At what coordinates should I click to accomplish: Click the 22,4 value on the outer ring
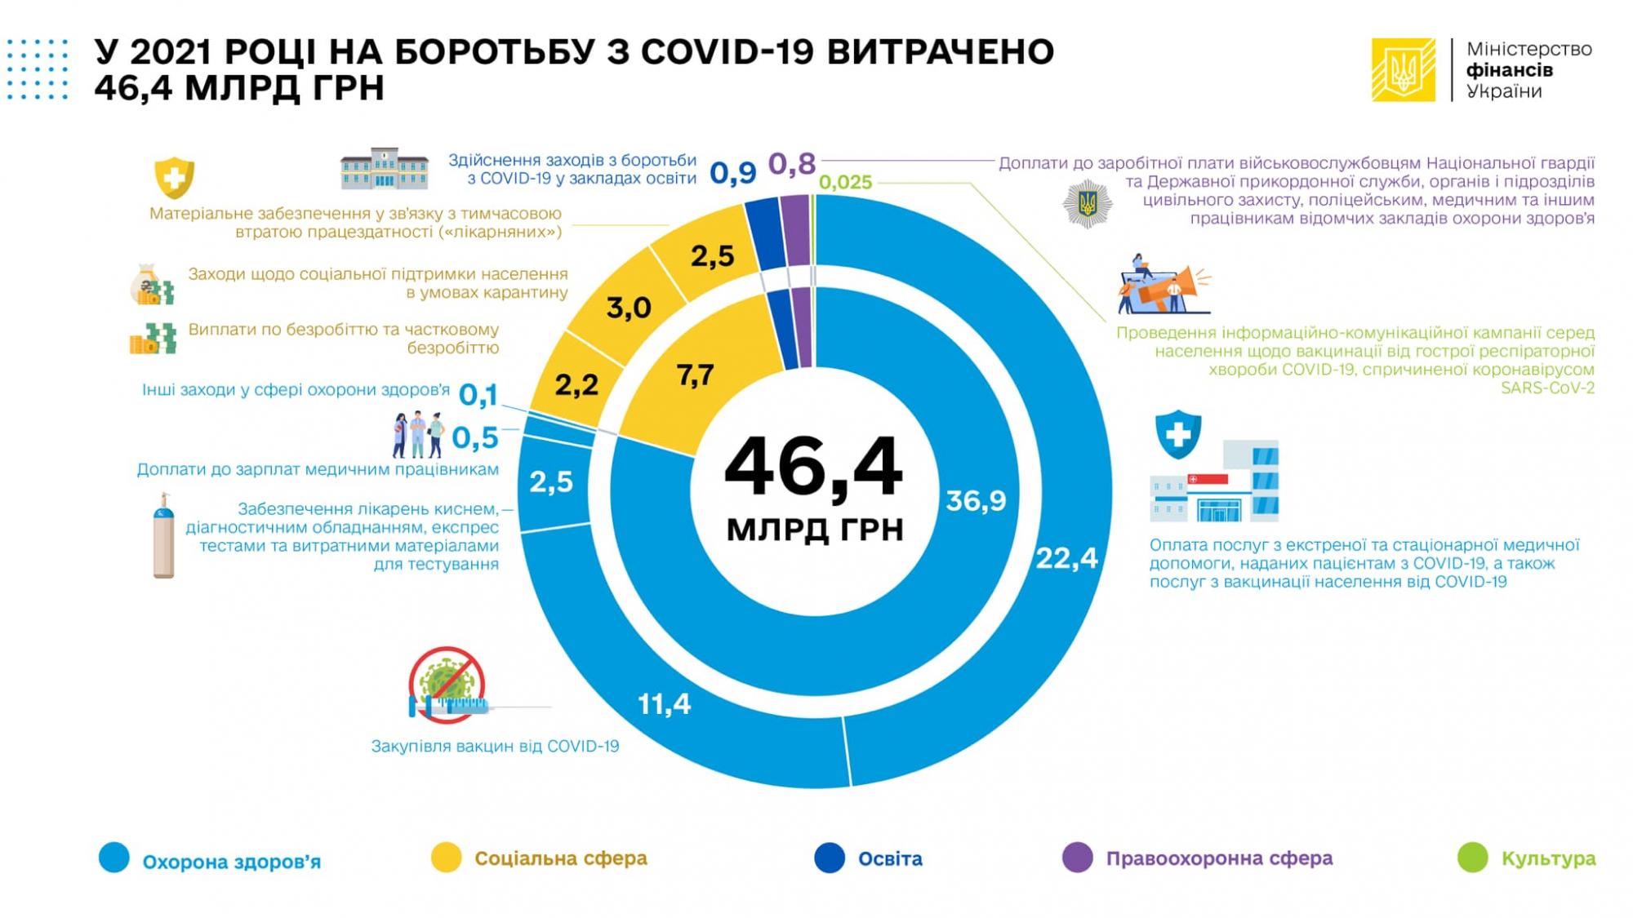tap(1066, 559)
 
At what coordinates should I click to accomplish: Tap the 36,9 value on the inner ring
tap(976, 500)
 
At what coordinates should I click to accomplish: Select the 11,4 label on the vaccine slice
tap(664, 703)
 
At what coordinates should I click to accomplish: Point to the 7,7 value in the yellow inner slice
tap(695, 375)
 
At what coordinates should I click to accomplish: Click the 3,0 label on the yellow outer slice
tap(629, 308)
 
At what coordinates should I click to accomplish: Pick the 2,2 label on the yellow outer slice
tap(576, 384)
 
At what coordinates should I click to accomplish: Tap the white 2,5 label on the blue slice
tap(551, 482)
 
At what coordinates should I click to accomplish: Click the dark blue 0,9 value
tap(732, 172)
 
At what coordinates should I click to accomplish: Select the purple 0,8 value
tap(792, 164)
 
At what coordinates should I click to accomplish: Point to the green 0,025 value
tap(845, 183)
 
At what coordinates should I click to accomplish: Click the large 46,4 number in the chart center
tap(814, 468)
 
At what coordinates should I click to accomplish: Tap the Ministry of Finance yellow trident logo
tap(1403, 70)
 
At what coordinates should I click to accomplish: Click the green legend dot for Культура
tap(1473, 858)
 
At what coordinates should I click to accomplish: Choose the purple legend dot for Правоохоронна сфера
tap(1077, 858)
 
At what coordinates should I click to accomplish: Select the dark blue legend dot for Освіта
tap(830, 858)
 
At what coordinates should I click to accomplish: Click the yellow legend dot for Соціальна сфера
tap(446, 858)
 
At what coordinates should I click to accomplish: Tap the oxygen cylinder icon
tap(163, 536)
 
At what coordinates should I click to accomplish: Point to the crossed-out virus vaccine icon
tap(447, 685)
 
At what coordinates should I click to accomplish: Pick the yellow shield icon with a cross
tap(174, 177)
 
